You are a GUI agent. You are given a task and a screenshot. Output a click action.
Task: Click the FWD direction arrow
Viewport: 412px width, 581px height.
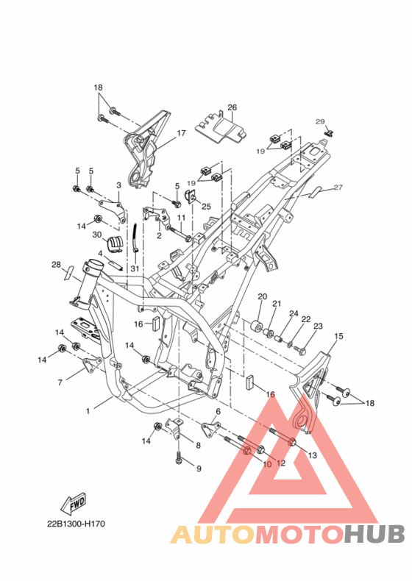[x=74, y=503]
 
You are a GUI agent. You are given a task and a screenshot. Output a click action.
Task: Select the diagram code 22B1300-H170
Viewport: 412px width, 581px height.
[x=76, y=524]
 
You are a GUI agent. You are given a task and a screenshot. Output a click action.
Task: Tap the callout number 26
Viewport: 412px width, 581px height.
[x=232, y=107]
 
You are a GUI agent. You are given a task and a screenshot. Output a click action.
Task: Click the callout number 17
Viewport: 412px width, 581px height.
[x=181, y=132]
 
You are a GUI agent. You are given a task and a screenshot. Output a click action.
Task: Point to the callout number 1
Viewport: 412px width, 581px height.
[x=88, y=411]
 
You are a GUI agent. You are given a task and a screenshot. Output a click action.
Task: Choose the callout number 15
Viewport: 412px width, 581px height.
[x=338, y=336]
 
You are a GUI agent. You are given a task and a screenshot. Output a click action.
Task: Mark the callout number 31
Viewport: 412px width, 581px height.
[x=135, y=268]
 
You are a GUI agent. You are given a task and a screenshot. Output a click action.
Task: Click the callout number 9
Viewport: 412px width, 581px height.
[x=199, y=468]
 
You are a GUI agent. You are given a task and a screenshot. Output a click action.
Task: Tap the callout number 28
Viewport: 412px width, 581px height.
[x=56, y=265]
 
